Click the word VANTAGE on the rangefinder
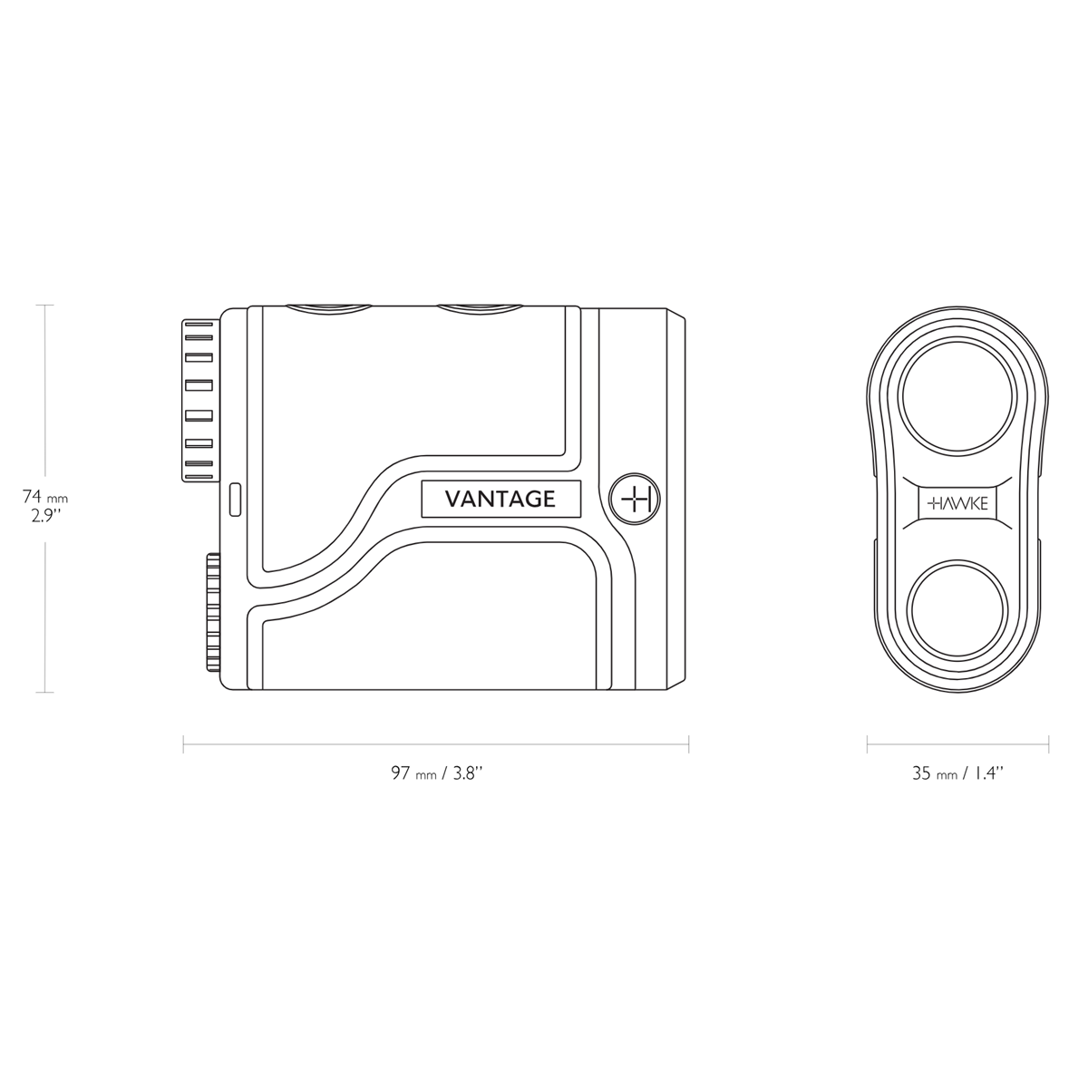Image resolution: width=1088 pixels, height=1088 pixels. [x=500, y=499]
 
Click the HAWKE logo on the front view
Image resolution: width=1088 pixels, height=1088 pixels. [x=957, y=503]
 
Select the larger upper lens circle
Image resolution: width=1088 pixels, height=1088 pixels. [x=957, y=397]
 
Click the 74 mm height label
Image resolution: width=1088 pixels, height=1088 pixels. [x=44, y=496]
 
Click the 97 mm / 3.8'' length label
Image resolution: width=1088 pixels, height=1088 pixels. [x=436, y=773]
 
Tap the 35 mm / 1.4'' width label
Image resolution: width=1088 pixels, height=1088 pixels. [x=957, y=773]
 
